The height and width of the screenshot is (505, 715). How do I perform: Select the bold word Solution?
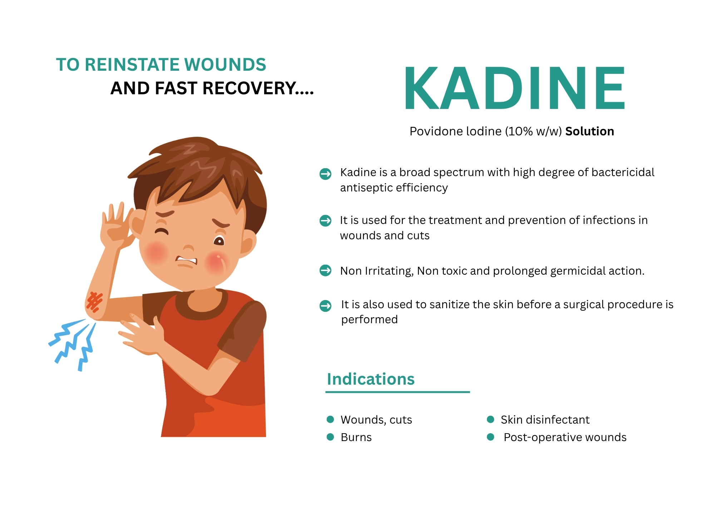590,131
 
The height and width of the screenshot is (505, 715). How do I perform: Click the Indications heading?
371,379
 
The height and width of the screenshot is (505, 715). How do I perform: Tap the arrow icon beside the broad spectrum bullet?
325,174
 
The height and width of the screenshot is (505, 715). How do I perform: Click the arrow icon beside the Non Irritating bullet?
325,270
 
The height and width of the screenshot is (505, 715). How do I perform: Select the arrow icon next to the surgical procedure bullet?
325,305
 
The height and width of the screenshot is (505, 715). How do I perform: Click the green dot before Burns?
330,437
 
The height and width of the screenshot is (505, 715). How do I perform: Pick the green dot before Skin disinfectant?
490,419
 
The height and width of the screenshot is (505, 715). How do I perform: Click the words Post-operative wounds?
565,437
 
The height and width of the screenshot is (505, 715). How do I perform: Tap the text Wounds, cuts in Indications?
376,420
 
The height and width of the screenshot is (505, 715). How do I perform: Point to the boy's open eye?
219,241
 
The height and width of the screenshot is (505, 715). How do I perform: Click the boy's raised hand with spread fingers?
115,225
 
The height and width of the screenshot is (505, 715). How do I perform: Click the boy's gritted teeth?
187,260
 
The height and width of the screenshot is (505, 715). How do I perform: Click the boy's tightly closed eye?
162,231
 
